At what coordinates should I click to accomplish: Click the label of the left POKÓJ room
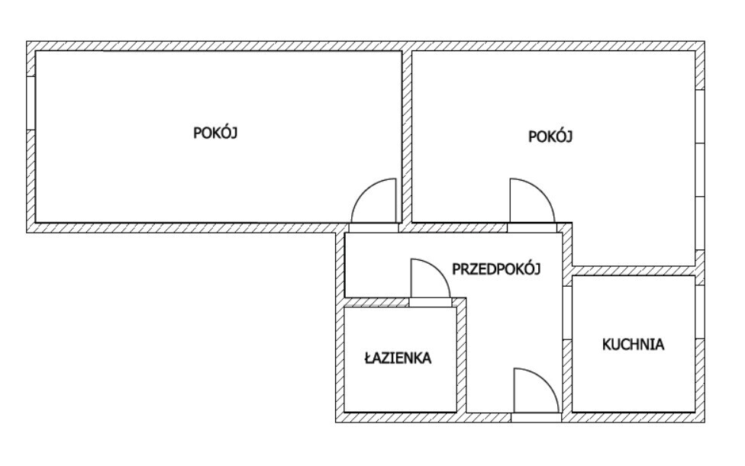pyautogui.click(x=217, y=132)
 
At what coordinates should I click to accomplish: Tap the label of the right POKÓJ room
pyautogui.click(x=550, y=137)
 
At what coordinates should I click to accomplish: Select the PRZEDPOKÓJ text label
pyautogui.click(x=496, y=268)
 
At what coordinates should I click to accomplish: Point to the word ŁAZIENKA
pyautogui.click(x=398, y=357)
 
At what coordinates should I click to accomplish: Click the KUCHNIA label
pyautogui.click(x=633, y=344)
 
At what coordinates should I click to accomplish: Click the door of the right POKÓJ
pyautogui.click(x=531, y=202)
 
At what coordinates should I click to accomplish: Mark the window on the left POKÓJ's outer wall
pyautogui.click(x=31, y=102)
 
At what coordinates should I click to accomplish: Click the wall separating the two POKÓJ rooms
pyautogui.click(x=407, y=137)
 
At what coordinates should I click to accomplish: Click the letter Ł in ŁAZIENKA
pyautogui.click(x=368, y=357)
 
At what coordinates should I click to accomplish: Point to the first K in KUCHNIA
pyautogui.click(x=606, y=344)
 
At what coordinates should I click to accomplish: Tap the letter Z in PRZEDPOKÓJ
pyautogui.click(x=469, y=268)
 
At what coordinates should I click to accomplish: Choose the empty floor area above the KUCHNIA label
pyautogui.click(x=633, y=305)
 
